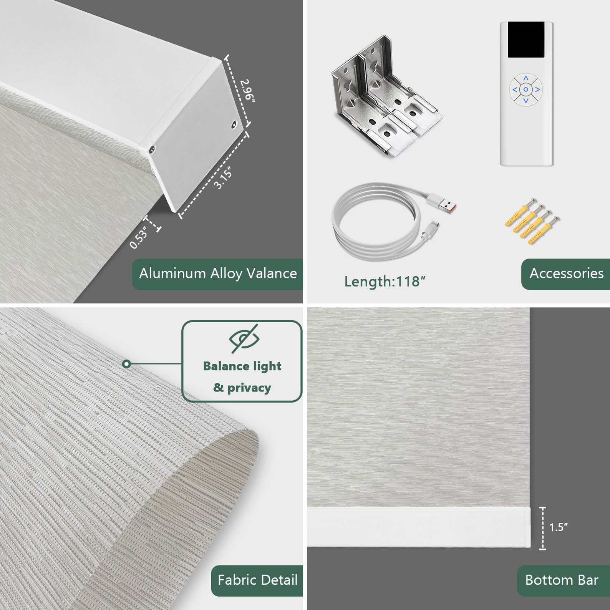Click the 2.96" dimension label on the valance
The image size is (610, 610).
click(x=247, y=91)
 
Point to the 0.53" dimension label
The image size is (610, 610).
click(x=138, y=237)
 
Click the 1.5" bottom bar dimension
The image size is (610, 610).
click(x=558, y=527)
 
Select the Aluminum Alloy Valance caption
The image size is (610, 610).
click(x=218, y=274)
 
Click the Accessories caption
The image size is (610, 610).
click(x=566, y=274)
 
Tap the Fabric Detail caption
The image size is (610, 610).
click(x=257, y=580)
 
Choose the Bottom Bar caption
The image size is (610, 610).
click(x=562, y=580)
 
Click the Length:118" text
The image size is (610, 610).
click(x=385, y=282)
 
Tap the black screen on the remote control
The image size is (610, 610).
click(x=526, y=40)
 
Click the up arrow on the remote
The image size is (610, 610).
click(x=526, y=78)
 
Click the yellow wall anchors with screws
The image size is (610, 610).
click(x=532, y=222)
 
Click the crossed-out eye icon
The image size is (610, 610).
click(x=244, y=338)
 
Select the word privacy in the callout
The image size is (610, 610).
click(x=249, y=388)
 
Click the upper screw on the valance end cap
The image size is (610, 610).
click(x=234, y=124)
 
